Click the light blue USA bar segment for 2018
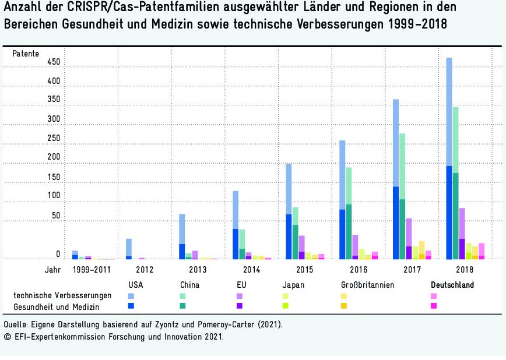click(x=449, y=111)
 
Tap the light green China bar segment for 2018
click(x=456, y=140)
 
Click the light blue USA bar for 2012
click(x=128, y=247)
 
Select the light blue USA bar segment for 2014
click(x=236, y=210)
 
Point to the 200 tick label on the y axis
click(x=54, y=157)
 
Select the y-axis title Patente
click(x=26, y=54)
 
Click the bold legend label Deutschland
click(x=452, y=285)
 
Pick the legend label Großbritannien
click(x=367, y=285)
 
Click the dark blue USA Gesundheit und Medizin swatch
click(x=131, y=305)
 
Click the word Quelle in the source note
click(x=16, y=324)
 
